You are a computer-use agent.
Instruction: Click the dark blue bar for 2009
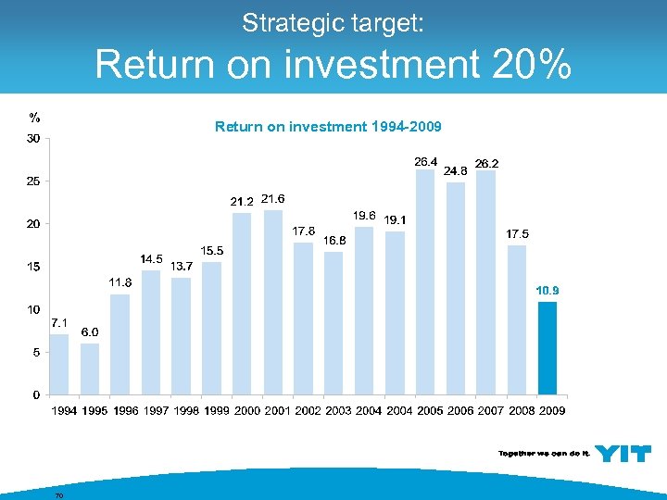547,348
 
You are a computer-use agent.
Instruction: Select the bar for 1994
58,364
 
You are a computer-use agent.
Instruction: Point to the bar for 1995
89,369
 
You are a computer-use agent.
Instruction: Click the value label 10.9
547,291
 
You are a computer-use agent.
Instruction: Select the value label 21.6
273,198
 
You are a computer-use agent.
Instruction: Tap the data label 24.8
456,170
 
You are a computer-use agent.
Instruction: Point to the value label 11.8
120,281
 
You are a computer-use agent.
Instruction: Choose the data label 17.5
517,233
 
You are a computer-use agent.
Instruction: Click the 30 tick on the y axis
32,139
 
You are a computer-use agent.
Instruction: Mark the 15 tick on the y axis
32,267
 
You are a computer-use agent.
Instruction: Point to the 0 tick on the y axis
35,394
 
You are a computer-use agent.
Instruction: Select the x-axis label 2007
490,410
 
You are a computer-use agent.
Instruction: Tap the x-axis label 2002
308,410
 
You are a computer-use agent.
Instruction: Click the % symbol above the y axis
34,118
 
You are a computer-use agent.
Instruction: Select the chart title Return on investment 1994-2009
328,126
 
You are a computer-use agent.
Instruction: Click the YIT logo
622,453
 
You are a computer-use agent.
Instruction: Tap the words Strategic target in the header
333,23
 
